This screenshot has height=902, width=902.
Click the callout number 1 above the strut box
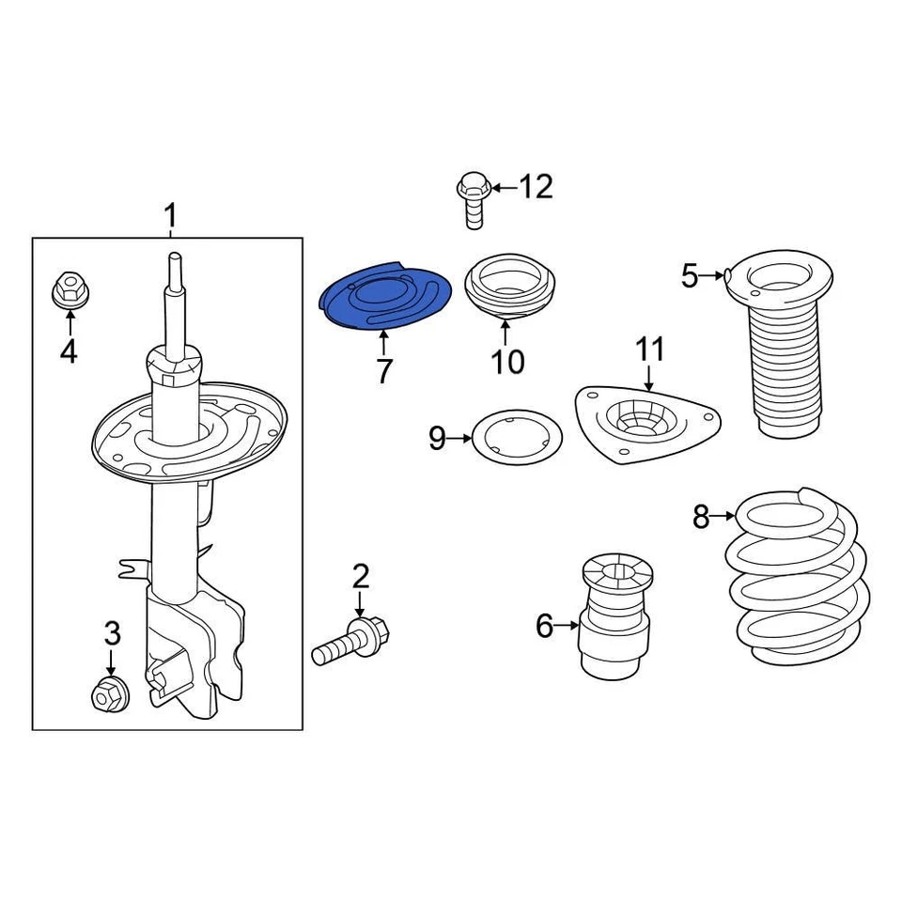[170, 217]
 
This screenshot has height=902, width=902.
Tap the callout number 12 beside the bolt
[536, 187]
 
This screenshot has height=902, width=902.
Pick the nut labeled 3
[108, 693]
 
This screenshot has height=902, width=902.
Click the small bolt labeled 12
[472, 197]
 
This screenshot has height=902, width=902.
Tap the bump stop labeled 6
[615, 620]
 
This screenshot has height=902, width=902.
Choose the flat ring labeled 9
[515, 438]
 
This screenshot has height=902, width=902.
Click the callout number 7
[383, 372]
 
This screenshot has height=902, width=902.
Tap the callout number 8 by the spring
[701, 516]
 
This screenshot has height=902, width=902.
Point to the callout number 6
[545, 625]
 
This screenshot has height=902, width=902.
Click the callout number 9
[438, 438]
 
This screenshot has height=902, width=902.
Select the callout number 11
[649, 350]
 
